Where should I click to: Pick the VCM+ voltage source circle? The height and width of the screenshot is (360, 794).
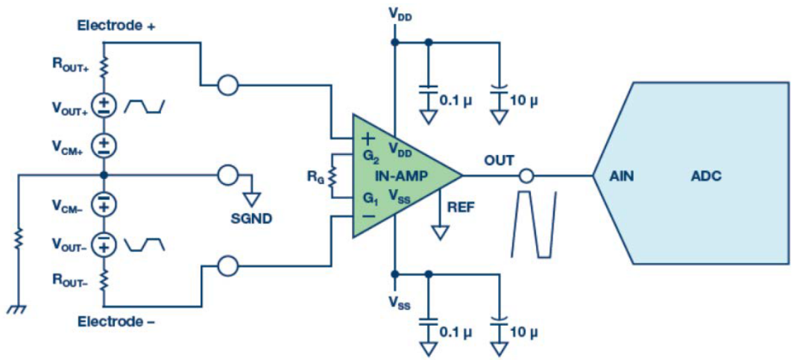104,142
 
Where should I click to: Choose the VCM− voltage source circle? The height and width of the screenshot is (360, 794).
104,203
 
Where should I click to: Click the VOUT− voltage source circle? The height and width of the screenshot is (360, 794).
104,243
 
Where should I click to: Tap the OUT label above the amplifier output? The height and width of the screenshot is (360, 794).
499,160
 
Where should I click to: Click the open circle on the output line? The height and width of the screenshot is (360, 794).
526,177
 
